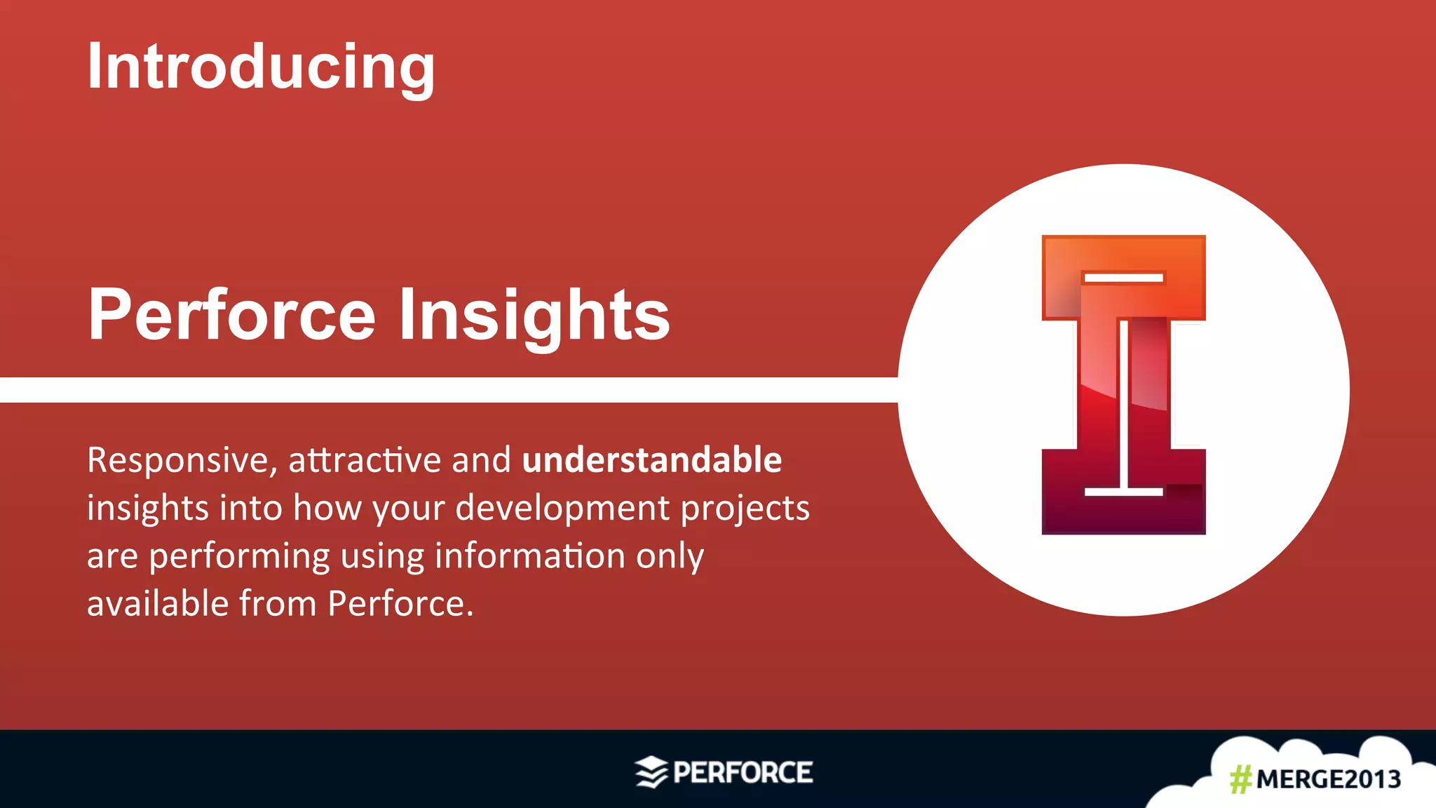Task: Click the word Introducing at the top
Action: click(x=261, y=67)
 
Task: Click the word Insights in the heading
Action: click(x=534, y=316)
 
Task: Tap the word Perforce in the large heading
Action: click(x=231, y=316)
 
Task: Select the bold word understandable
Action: click(x=651, y=460)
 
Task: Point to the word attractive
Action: click(x=364, y=460)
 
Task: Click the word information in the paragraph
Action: click(x=529, y=555)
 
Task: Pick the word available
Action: click(x=157, y=603)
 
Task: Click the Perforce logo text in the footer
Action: click(x=743, y=772)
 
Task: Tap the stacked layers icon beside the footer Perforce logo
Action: click(x=651, y=772)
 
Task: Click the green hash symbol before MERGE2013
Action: click(x=1240, y=779)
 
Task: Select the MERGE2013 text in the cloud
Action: click(x=1328, y=779)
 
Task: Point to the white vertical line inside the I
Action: click(x=1123, y=403)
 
